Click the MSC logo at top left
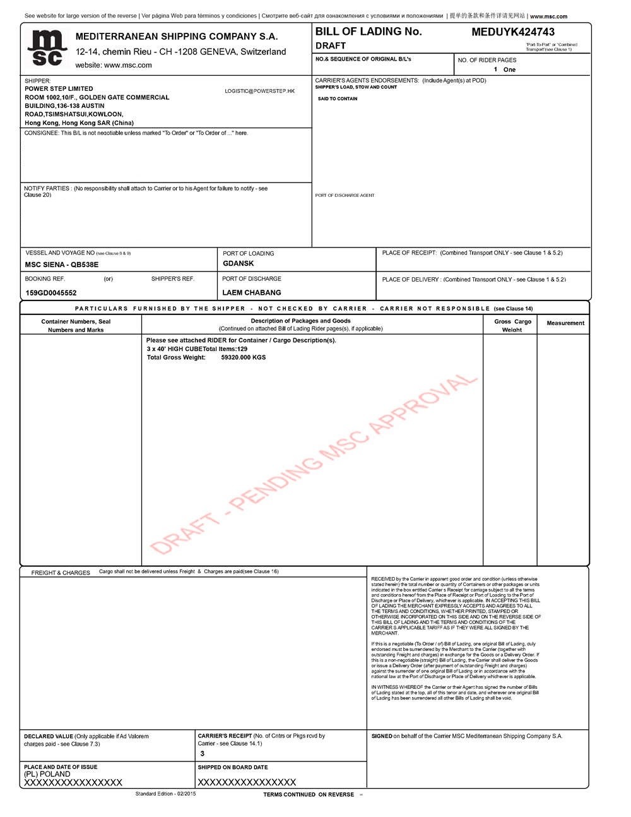(x=47, y=47)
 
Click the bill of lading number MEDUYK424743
(x=513, y=32)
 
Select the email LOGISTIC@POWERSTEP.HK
(x=259, y=92)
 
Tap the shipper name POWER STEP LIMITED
(x=59, y=89)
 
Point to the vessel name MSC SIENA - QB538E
(x=62, y=265)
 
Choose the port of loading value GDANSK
(x=239, y=263)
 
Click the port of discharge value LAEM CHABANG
(x=252, y=292)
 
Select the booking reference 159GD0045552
(x=51, y=293)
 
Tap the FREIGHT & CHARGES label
(x=61, y=573)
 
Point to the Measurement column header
(x=565, y=323)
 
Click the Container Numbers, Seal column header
(x=76, y=321)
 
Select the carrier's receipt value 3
(x=203, y=753)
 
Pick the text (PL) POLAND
(x=47, y=773)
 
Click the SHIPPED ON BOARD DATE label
(x=233, y=767)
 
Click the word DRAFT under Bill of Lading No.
(x=331, y=45)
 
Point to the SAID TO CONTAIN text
(x=338, y=99)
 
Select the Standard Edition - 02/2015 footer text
(x=165, y=794)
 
